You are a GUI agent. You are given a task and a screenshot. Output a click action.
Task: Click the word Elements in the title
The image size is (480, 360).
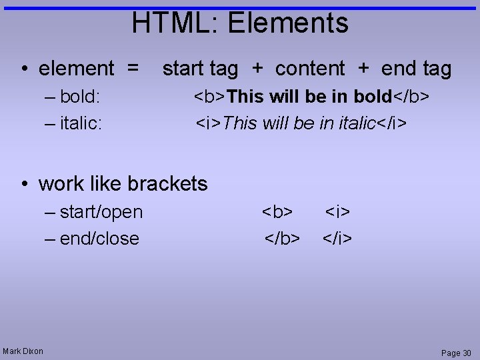point(287,23)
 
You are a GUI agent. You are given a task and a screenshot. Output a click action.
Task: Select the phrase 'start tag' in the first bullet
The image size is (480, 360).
point(200,69)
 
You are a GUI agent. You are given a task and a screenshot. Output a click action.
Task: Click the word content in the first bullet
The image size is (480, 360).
point(310,69)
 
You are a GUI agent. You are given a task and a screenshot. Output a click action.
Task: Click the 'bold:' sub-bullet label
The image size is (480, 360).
point(80,97)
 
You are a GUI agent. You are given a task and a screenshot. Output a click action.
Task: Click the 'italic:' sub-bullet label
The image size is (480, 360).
point(81,123)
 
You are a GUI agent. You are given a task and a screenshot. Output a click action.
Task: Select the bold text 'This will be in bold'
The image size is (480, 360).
point(309,97)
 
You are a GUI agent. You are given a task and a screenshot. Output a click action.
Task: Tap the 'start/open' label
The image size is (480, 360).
point(101,212)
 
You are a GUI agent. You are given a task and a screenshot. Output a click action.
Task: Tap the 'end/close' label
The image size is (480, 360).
point(99,239)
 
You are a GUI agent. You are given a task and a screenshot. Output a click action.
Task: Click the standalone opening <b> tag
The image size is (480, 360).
point(277,212)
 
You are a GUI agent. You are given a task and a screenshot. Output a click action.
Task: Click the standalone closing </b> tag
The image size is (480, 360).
point(282,239)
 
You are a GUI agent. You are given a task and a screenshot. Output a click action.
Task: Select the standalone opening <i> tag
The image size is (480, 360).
point(338,212)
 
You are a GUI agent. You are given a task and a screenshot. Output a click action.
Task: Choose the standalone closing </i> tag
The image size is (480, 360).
point(337,239)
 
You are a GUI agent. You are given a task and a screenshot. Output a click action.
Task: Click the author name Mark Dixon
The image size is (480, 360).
point(23,351)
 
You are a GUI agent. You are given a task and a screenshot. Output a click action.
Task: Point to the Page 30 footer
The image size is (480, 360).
point(456,353)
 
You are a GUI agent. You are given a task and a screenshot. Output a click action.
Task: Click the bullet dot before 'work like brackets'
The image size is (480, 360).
point(23,184)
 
